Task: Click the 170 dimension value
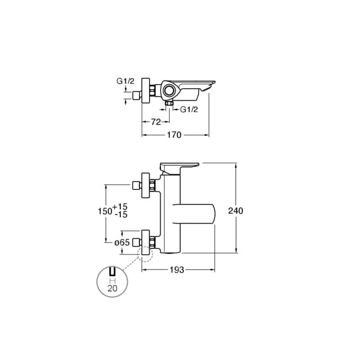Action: point(174,135)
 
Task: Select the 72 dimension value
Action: point(156,122)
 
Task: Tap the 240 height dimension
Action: point(235,211)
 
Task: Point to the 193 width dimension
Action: point(177,270)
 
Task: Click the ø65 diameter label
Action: point(122,242)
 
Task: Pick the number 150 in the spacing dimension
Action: point(105,211)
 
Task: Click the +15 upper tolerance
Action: point(120,207)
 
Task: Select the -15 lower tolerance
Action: point(121,215)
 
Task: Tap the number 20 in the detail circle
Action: point(112,288)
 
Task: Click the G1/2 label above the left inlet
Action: point(126,81)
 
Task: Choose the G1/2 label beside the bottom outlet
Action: point(189,109)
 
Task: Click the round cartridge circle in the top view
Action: point(170,90)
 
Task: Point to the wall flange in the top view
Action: point(145,90)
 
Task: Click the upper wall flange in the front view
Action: point(145,185)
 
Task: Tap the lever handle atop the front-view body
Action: point(180,168)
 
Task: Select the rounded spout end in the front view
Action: point(212,213)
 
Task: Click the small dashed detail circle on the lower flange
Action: point(145,254)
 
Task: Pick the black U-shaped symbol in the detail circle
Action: point(112,271)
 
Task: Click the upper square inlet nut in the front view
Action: point(136,185)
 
